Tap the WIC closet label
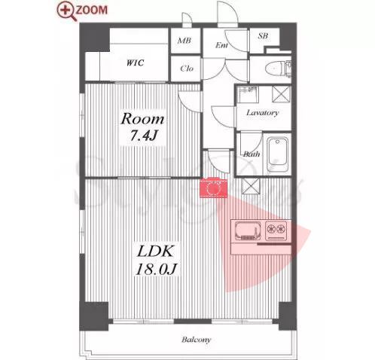tap(135, 63)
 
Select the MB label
tap(184, 40)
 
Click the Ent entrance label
tap(221, 45)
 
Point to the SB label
tap(263, 36)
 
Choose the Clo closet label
tap(187, 69)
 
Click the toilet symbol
tap(278, 68)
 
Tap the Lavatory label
tap(263, 113)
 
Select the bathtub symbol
tap(277, 154)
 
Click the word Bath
tap(252, 154)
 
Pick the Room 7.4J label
tap(143, 127)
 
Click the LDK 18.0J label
tap(156, 260)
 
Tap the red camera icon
tap(214, 188)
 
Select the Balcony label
tap(197, 340)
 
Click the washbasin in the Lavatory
tap(248, 95)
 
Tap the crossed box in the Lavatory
tap(282, 94)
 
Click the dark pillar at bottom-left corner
tap(94, 316)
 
